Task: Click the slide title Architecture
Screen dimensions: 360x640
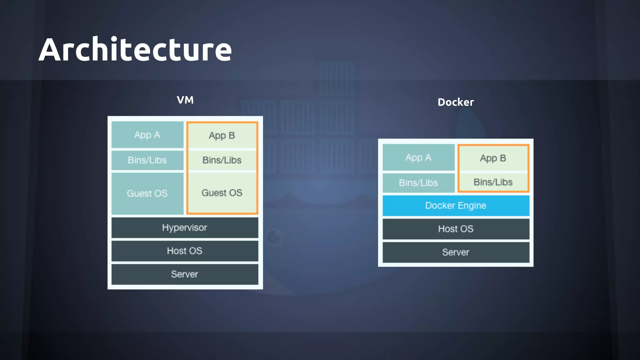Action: [x=135, y=49]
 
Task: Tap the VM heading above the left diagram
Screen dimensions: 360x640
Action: [x=185, y=100]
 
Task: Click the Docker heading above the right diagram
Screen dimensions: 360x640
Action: [x=456, y=102]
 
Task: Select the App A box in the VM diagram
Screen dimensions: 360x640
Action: [x=147, y=135]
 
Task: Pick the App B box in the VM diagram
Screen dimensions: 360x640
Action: [x=222, y=135]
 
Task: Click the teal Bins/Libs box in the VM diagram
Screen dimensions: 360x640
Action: [x=147, y=160]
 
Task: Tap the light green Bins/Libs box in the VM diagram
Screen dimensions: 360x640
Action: [x=222, y=160]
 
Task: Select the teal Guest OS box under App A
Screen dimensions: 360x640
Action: [x=147, y=193]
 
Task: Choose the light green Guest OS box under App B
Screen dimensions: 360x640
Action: [x=222, y=193]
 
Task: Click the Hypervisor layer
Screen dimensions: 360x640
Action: [x=185, y=227]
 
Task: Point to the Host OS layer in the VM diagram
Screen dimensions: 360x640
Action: [x=185, y=251]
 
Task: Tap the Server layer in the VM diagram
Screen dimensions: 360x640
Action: [x=185, y=274]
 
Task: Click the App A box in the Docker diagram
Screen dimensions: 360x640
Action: [x=418, y=157]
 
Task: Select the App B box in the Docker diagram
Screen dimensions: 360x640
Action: [x=493, y=158]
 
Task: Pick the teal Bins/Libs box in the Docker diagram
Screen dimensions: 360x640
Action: [x=418, y=183]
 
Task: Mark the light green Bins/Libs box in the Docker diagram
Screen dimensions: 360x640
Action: [x=493, y=182]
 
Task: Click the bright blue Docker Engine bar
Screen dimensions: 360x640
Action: [x=456, y=206]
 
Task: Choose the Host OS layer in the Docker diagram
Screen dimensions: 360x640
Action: [x=456, y=229]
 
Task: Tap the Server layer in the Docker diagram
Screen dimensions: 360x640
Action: [x=456, y=252]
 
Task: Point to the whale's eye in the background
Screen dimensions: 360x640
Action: [x=274, y=237]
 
